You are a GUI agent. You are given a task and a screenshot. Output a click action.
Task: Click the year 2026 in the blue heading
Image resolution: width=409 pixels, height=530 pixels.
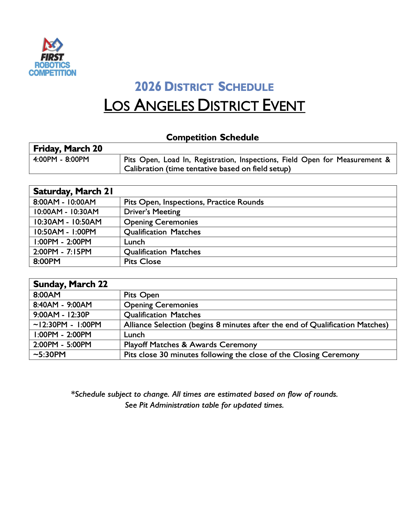tap(148, 87)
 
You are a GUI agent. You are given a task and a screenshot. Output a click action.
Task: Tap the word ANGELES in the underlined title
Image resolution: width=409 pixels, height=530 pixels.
tap(164, 106)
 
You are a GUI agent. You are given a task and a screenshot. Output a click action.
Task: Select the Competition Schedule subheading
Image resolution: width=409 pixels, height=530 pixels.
tap(212, 137)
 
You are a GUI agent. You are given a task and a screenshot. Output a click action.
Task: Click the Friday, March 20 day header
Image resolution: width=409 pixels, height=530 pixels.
tap(68, 148)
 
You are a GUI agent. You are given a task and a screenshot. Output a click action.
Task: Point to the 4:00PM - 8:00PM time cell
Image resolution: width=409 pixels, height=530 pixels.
tap(61, 160)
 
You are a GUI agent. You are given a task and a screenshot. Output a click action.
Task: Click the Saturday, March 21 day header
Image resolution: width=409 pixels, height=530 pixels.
tap(73, 191)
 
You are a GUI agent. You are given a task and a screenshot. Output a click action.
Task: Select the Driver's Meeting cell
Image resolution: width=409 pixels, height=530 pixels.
tap(152, 212)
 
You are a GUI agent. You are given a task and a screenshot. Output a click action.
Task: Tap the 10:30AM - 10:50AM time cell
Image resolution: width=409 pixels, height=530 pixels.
tap(67, 222)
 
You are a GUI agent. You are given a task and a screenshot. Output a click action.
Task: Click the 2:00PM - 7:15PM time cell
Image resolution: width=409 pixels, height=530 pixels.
tap(62, 252)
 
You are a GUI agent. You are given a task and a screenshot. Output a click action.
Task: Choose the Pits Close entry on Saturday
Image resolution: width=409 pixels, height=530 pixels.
tap(142, 261)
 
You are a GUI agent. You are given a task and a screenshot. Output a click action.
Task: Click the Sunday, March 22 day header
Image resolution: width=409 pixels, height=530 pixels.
tap(70, 284)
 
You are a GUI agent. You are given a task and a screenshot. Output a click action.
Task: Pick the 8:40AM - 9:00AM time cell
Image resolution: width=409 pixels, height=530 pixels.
tap(63, 305)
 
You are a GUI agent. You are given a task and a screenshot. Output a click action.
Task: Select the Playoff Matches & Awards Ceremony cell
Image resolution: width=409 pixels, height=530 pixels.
tap(191, 345)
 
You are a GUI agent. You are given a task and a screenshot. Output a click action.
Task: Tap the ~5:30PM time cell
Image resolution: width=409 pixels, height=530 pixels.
tap(49, 355)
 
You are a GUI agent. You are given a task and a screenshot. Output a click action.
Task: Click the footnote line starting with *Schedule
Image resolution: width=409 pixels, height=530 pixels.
tap(204, 394)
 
